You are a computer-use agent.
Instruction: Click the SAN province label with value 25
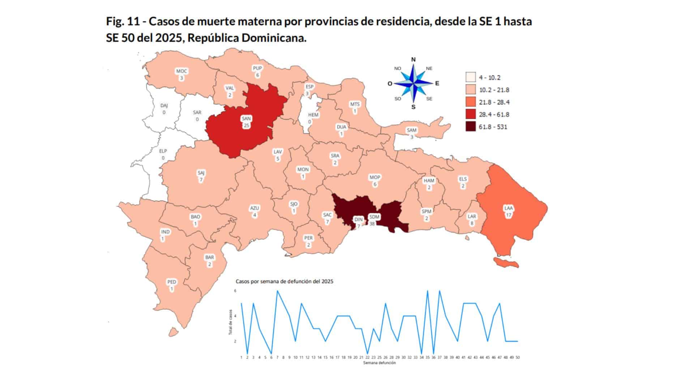click(x=247, y=122)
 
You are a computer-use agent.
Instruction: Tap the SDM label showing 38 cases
click(x=374, y=220)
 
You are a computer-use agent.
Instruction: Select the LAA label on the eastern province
click(x=509, y=211)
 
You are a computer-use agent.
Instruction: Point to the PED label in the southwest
click(x=172, y=285)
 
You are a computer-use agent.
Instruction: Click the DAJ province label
click(x=164, y=108)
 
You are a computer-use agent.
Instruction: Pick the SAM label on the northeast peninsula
click(x=411, y=133)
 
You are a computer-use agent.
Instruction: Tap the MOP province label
click(x=375, y=180)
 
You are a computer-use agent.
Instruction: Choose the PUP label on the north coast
click(x=257, y=71)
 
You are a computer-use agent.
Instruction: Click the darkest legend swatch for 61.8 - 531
click(x=470, y=127)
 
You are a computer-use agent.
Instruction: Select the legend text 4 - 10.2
click(x=489, y=78)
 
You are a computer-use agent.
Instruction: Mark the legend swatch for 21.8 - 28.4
click(x=470, y=102)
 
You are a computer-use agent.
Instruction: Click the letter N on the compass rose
click(x=414, y=60)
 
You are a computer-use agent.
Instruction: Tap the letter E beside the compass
click(x=437, y=83)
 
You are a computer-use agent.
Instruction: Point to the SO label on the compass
click(x=398, y=99)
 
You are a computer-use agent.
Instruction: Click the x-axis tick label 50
click(x=518, y=357)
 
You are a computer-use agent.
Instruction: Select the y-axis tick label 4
click(x=235, y=316)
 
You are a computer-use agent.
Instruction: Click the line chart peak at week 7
click(x=277, y=291)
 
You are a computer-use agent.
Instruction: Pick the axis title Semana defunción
click(x=379, y=363)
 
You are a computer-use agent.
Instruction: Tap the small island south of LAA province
click(x=506, y=263)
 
